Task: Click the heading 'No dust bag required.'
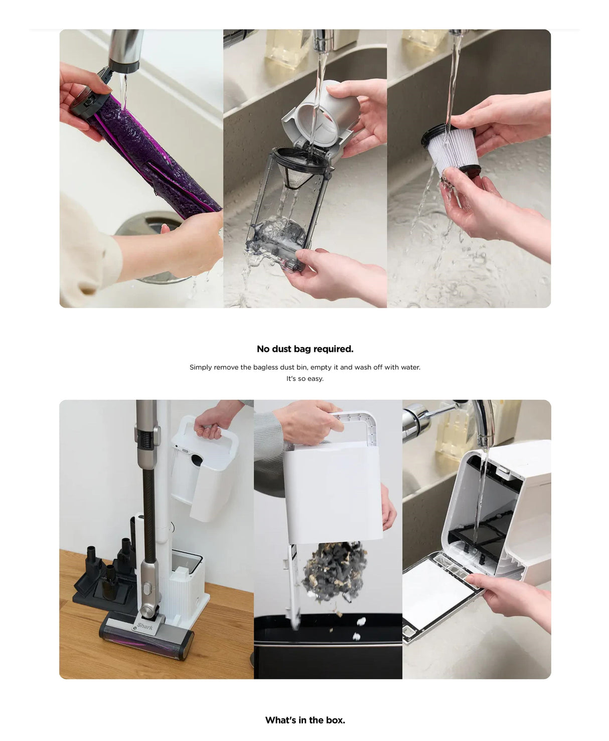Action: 304,349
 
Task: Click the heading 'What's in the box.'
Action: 304,720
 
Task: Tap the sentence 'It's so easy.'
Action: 304,378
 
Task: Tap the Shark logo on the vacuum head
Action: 145,626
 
